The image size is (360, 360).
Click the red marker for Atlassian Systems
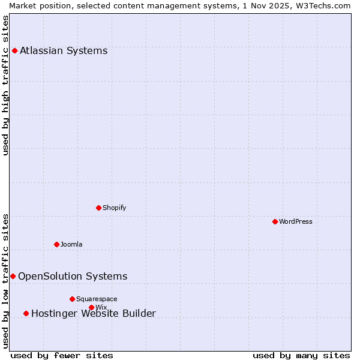point(14,50)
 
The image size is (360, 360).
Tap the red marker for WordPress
point(275,221)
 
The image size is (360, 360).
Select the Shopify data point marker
point(98,208)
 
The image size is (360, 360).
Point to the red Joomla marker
point(56,244)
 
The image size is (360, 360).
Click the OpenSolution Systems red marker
point(13,276)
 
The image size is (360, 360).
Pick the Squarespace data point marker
point(72,299)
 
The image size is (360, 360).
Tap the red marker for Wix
point(91,307)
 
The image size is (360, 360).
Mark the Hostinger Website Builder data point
point(26,313)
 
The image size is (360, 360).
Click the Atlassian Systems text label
point(64,50)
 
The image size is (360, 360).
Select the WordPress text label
point(296,221)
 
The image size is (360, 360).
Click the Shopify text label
point(115,208)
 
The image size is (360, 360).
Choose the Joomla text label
point(71,244)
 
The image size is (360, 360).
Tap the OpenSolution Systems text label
point(73,276)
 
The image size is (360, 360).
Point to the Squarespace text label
point(97,299)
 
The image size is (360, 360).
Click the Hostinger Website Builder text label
point(94,313)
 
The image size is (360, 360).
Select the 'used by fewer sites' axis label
point(62,355)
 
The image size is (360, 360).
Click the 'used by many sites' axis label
point(301,355)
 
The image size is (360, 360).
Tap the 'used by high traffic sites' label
point(6,85)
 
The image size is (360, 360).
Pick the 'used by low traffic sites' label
point(6,281)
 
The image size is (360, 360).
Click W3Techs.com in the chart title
point(322,5)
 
